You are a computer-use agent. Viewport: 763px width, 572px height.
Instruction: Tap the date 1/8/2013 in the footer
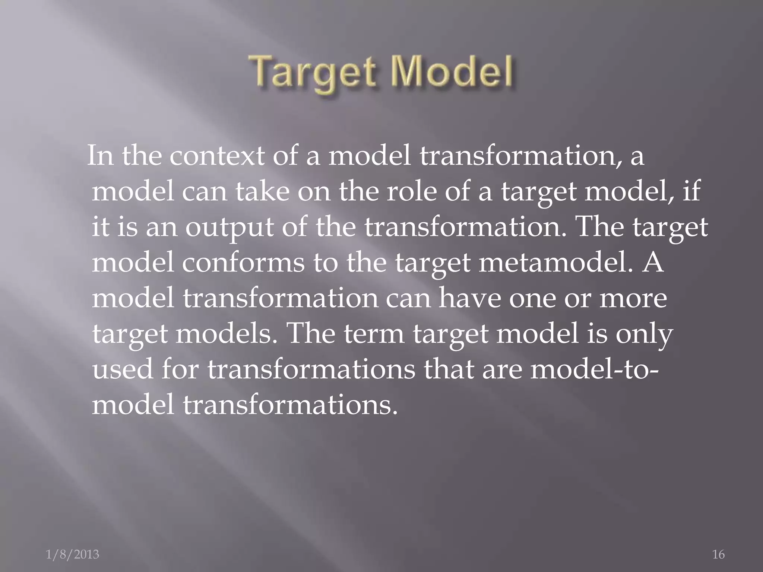(x=73, y=554)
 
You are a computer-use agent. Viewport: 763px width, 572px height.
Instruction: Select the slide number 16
(x=718, y=554)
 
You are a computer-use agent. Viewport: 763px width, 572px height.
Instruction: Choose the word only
(x=644, y=334)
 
